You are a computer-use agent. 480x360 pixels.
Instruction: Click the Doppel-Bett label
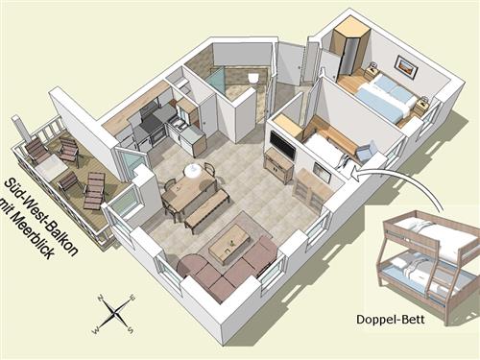(x=391, y=320)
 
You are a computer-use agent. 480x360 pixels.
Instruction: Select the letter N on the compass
(x=100, y=298)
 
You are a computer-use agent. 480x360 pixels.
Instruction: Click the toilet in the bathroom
(x=253, y=78)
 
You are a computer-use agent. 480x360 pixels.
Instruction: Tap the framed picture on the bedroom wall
(x=406, y=67)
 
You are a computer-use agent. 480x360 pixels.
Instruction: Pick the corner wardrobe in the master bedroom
(x=349, y=51)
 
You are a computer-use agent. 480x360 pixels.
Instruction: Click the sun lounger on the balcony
(x=93, y=191)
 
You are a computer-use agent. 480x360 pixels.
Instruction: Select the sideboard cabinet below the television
(x=278, y=166)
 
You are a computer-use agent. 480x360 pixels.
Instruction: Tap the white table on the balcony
(x=49, y=169)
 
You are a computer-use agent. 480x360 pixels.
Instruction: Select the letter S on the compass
(x=131, y=329)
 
